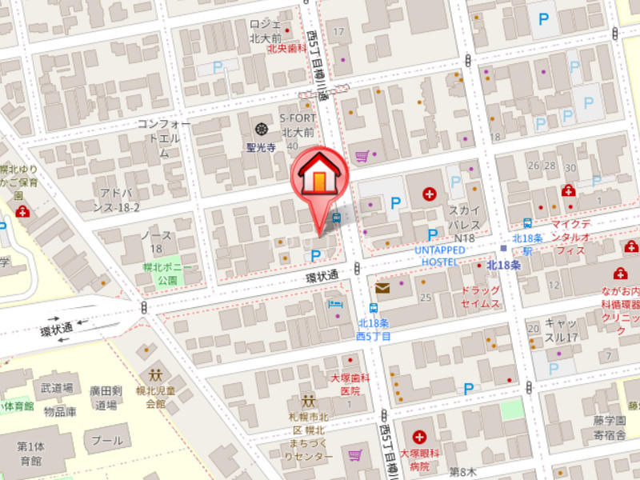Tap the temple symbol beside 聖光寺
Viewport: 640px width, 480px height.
[x=262, y=129]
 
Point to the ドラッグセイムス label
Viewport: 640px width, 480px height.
[x=480, y=297]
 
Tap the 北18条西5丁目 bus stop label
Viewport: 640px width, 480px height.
[x=374, y=330]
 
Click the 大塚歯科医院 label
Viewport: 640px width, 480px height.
[x=346, y=384]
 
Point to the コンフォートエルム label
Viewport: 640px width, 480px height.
[x=164, y=138]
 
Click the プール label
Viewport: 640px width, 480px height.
[x=107, y=441]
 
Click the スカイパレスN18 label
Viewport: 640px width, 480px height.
[x=464, y=223]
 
